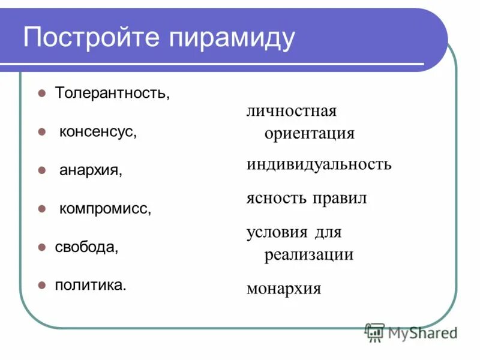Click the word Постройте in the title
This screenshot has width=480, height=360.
pyautogui.click(x=91, y=38)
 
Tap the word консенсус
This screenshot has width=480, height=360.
pyautogui.click(x=98, y=131)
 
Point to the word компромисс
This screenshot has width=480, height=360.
pyautogui.click(x=104, y=209)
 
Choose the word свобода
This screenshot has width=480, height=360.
pyautogui.click(x=86, y=247)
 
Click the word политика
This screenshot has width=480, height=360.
pyautogui.click(x=91, y=284)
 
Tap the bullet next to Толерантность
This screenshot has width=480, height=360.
pyautogui.click(x=42, y=94)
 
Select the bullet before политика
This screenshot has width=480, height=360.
pyautogui.click(x=42, y=284)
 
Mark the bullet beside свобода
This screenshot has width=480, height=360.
pyautogui.click(x=42, y=247)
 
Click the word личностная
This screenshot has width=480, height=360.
pyautogui.click(x=291, y=111)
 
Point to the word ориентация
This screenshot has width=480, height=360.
pyautogui.click(x=309, y=133)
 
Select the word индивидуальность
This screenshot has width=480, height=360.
pyautogui.click(x=319, y=164)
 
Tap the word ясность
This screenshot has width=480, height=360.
pyautogui.click(x=275, y=198)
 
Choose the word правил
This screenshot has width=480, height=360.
pyautogui.click(x=339, y=198)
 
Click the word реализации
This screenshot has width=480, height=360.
pyautogui.click(x=308, y=254)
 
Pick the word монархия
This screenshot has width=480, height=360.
pyautogui.click(x=284, y=289)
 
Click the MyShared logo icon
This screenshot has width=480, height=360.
pyautogui.click(x=375, y=331)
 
